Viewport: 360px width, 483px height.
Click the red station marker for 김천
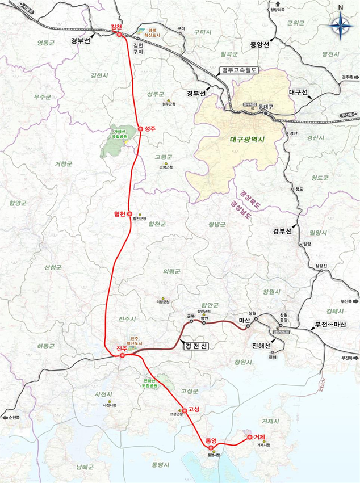tap(119, 35)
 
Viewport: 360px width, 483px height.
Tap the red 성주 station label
tap(150, 128)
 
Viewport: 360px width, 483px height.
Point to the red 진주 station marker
tap(123, 356)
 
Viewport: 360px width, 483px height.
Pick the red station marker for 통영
tap(211, 447)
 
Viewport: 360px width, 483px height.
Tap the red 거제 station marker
tap(249, 438)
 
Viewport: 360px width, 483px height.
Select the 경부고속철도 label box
tap(238, 71)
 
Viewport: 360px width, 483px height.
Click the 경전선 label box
tap(197, 345)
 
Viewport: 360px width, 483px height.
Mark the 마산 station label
tap(245, 321)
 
